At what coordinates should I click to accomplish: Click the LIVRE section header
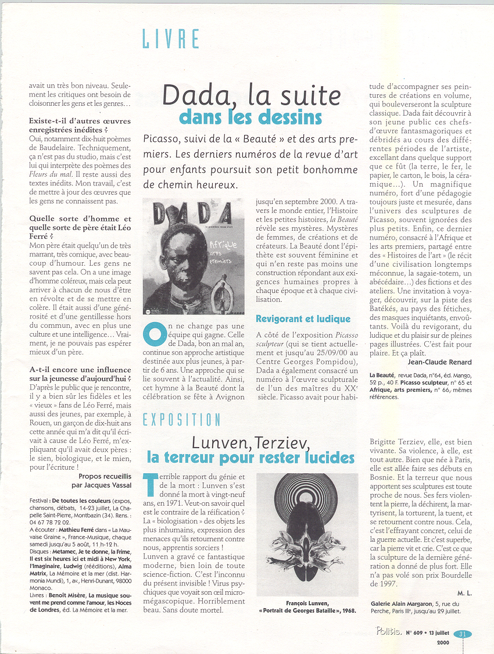[x=171, y=39]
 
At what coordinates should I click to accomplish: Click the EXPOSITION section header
[x=181, y=420]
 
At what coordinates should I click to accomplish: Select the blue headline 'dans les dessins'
[x=250, y=117]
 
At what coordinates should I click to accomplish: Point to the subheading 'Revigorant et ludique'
[x=303, y=319]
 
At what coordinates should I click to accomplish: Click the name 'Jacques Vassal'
[x=106, y=484]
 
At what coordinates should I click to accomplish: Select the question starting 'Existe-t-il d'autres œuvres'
[x=80, y=126]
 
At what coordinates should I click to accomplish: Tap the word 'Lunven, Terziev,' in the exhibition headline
[x=250, y=443]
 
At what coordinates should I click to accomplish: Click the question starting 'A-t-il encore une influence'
[x=80, y=374]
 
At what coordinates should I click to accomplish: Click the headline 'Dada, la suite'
[x=251, y=94]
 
